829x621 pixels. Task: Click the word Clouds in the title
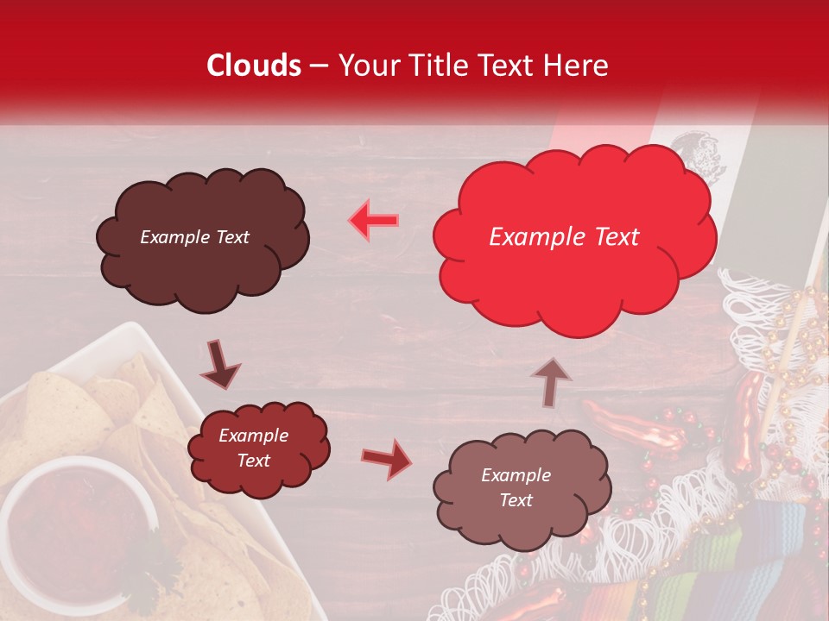pos(254,66)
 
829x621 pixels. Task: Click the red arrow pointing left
pos(374,220)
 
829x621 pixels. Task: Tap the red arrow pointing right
pos(387,458)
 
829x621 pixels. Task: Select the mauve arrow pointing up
pos(551,380)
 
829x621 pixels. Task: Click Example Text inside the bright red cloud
pos(564,237)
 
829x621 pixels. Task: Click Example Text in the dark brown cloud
pos(194,237)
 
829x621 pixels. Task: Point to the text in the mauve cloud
pos(516,487)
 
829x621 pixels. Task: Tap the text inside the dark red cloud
pos(253,448)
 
